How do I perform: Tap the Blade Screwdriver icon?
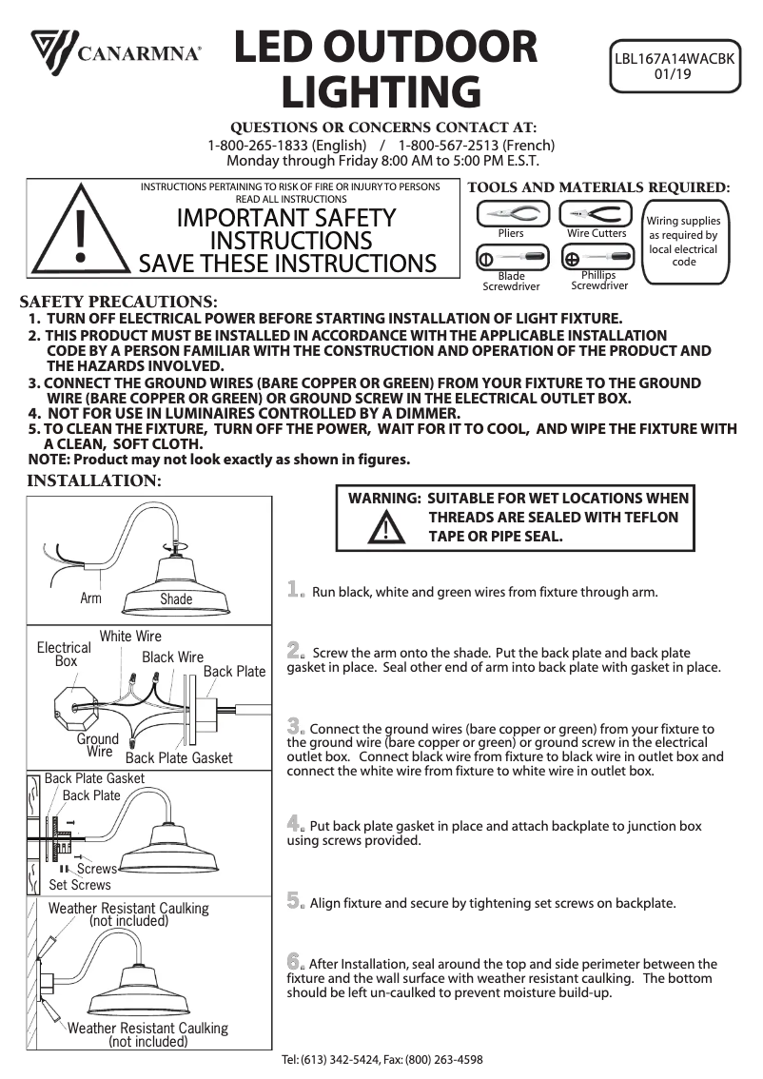511,258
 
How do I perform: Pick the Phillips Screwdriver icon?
597,258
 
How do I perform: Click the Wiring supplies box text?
683,242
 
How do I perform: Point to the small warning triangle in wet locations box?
385,527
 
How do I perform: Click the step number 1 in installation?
296,590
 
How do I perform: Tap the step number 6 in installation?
296,961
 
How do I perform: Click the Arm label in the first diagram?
91,598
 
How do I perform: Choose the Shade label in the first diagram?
176,598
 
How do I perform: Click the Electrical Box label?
64,654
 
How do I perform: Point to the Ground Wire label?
98,745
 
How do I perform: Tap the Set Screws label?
80,884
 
